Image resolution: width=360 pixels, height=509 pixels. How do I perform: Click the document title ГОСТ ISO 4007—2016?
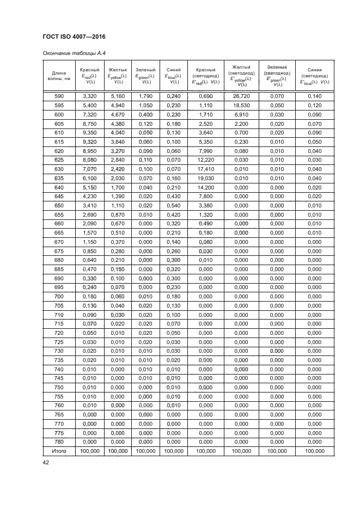pyautogui.click(x=74, y=36)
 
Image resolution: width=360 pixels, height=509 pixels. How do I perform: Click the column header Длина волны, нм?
pyautogui.click(x=59, y=75)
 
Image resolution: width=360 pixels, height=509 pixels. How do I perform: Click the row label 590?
pyautogui.click(x=59, y=96)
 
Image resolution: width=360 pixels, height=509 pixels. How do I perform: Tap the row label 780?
pyautogui.click(x=59, y=441)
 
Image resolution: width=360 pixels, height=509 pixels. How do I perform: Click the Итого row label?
pyautogui.click(x=59, y=451)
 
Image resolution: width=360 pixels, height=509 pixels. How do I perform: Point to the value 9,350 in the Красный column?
pyautogui.click(x=89, y=132)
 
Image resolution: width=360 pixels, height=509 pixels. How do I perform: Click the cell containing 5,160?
pyautogui.click(x=118, y=96)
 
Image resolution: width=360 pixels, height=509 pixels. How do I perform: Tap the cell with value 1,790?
pyautogui.click(x=145, y=96)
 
